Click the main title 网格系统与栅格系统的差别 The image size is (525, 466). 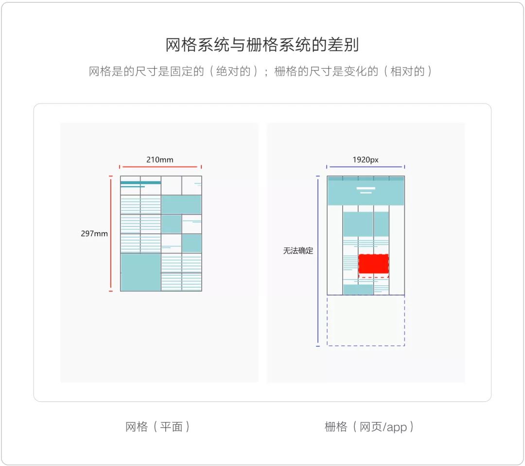pyautogui.click(x=262, y=45)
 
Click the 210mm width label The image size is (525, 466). pyautogui.click(x=160, y=160)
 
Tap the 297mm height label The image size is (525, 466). pyautogui.click(x=94, y=234)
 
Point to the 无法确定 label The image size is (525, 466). pyautogui.click(x=298, y=251)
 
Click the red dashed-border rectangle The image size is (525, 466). pyautogui.click(x=373, y=265)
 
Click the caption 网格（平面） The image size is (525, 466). pyautogui.click(x=157, y=427)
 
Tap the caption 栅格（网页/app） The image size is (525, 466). pyautogui.click(x=368, y=427)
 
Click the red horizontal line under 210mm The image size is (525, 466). pyautogui.click(x=160, y=167)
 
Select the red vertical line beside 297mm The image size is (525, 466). pyautogui.click(x=111, y=234)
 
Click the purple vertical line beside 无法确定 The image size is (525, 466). pyautogui.click(x=318, y=261)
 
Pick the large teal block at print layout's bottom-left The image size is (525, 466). pyautogui.click(x=140, y=272)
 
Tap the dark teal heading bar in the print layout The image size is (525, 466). pyautogui.click(x=140, y=183)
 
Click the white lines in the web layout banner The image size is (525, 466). pyautogui.click(x=366, y=190)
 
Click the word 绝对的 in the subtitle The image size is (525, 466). pyautogui.click(x=233, y=72)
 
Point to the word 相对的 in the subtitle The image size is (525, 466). pyautogui.click(x=407, y=72)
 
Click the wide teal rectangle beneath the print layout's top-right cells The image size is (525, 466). pyautogui.click(x=181, y=205)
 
